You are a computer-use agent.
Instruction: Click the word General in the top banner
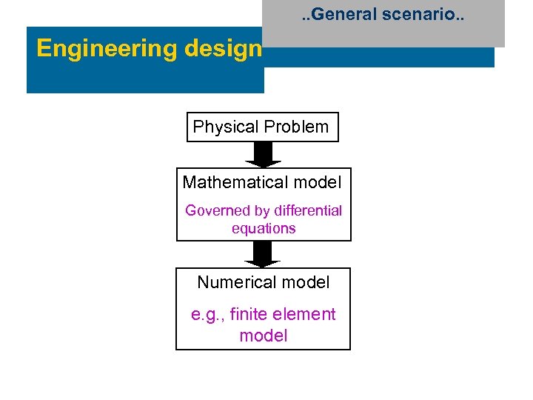(x=352, y=14)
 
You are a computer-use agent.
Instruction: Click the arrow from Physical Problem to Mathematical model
(x=263, y=155)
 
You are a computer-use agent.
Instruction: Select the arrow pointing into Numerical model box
(x=263, y=254)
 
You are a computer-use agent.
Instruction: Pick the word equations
(x=264, y=229)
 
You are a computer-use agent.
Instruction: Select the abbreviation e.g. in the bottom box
(x=207, y=315)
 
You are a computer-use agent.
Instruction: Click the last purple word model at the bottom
(x=264, y=336)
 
